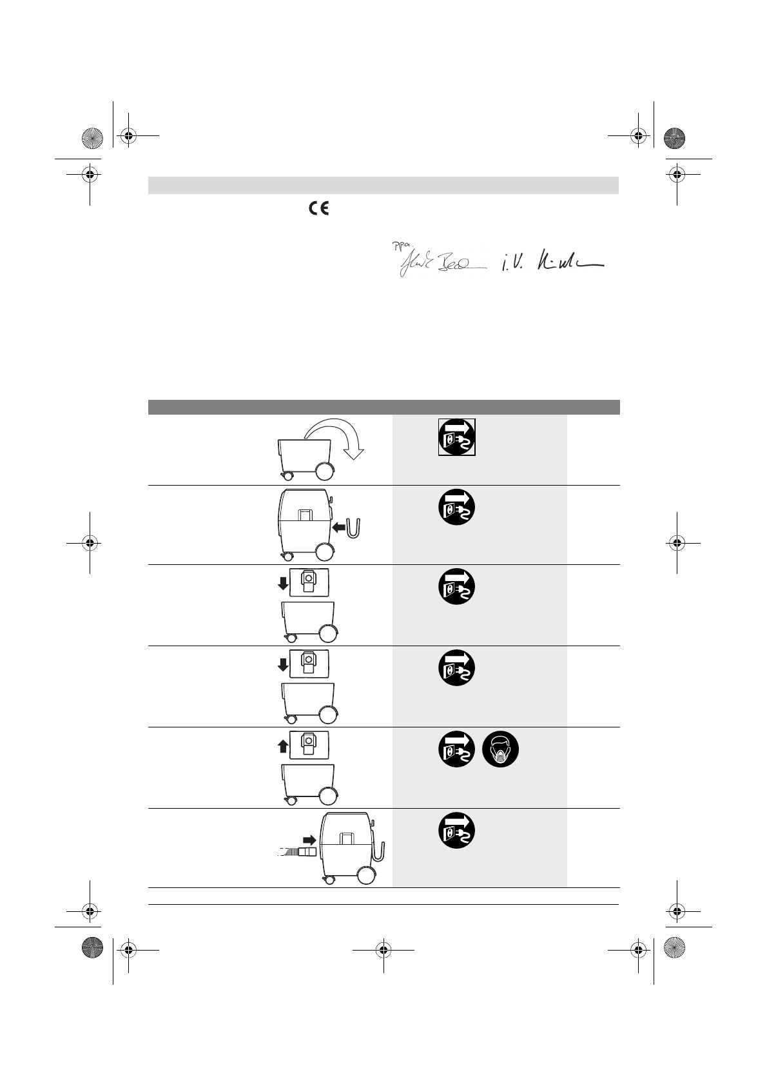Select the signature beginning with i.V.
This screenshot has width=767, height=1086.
click(552, 264)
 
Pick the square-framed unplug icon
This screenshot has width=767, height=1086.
click(457, 437)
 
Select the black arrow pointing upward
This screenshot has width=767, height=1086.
click(283, 746)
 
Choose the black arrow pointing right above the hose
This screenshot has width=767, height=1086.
click(309, 840)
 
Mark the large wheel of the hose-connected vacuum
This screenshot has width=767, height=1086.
click(365, 875)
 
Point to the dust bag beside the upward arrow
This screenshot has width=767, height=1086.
click(309, 746)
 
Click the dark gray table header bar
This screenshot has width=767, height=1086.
click(383, 407)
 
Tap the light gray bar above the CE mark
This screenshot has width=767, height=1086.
click(383, 186)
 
